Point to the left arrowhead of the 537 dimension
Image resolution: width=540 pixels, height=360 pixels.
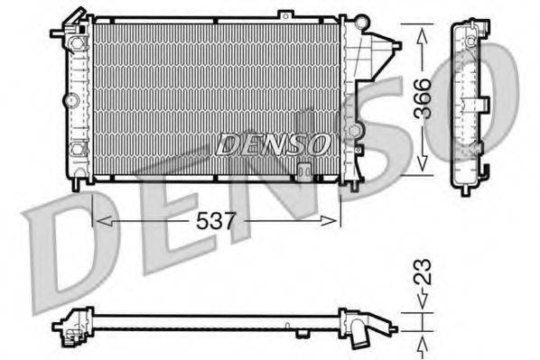(99, 219)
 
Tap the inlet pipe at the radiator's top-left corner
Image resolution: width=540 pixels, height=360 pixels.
(63, 34)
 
